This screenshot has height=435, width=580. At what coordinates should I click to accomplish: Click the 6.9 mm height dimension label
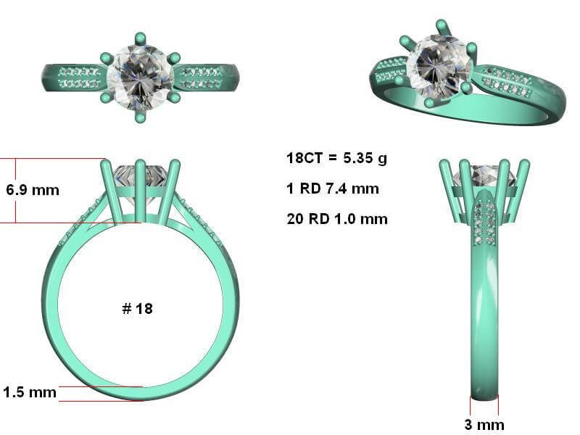coord(33,190)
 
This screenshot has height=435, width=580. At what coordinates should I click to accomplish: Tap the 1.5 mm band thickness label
coord(30,392)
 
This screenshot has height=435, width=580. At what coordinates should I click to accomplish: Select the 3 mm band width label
coord(484,424)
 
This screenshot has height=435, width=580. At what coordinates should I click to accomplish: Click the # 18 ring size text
coord(137,309)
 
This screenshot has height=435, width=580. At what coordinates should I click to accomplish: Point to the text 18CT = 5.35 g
coord(336,158)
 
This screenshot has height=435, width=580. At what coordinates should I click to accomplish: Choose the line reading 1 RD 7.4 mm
coord(333,188)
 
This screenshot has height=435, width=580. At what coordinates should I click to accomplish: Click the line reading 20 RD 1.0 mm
coord(337,219)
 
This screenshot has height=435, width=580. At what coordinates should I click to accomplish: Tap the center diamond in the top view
coord(140,78)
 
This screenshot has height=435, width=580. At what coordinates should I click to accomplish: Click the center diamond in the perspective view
coord(439,67)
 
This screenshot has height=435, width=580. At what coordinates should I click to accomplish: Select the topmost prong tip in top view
coord(140,38)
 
